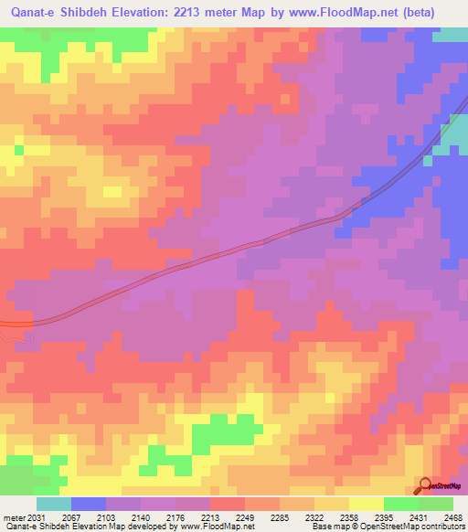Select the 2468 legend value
(x=452, y=517)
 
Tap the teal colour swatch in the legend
(x=54, y=504)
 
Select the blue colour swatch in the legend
(x=89, y=504)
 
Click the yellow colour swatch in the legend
(x=367, y=504)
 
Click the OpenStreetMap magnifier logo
(x=426, y=484)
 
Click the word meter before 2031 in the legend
(x=10, y=517)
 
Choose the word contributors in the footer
(x=442, y=527)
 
